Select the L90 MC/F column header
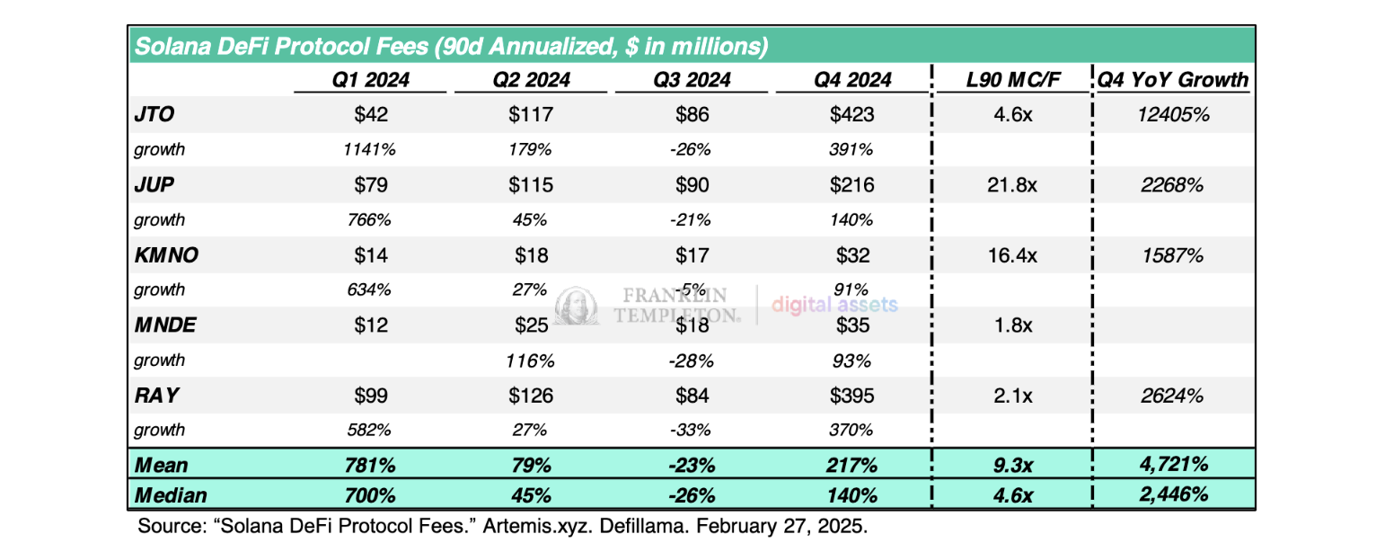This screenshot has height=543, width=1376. (x=1010, y=79)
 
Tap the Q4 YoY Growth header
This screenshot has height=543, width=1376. (x=1172, y=79)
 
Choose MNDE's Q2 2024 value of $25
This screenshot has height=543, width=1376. (x=532, y=325)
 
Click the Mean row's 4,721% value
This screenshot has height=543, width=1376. (x=1172, y=465)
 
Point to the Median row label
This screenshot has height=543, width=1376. (x=171, y=495)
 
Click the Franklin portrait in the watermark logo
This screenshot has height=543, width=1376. (x=577, y=307)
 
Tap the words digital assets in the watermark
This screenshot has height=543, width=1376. (x=834, y=305)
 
